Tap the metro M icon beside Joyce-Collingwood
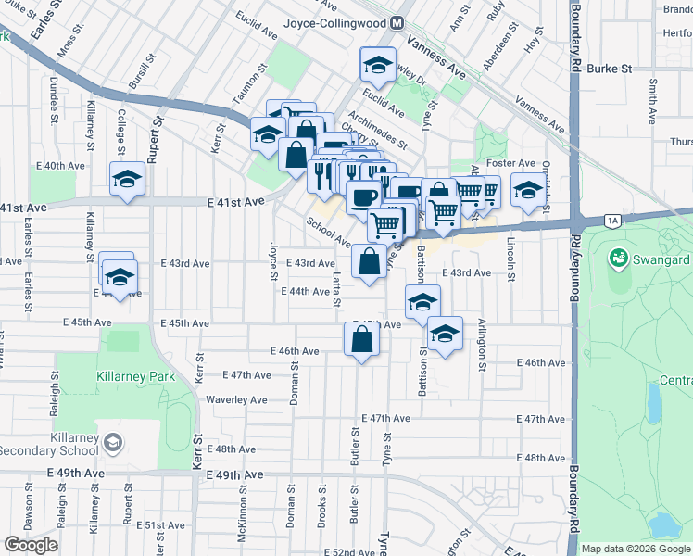pos(397,21)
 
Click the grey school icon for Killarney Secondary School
pos(112,438)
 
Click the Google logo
pos(30,545)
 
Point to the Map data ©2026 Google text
pos(635,548)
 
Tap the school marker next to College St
pos(127,180)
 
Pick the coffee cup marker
pos(363,196)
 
